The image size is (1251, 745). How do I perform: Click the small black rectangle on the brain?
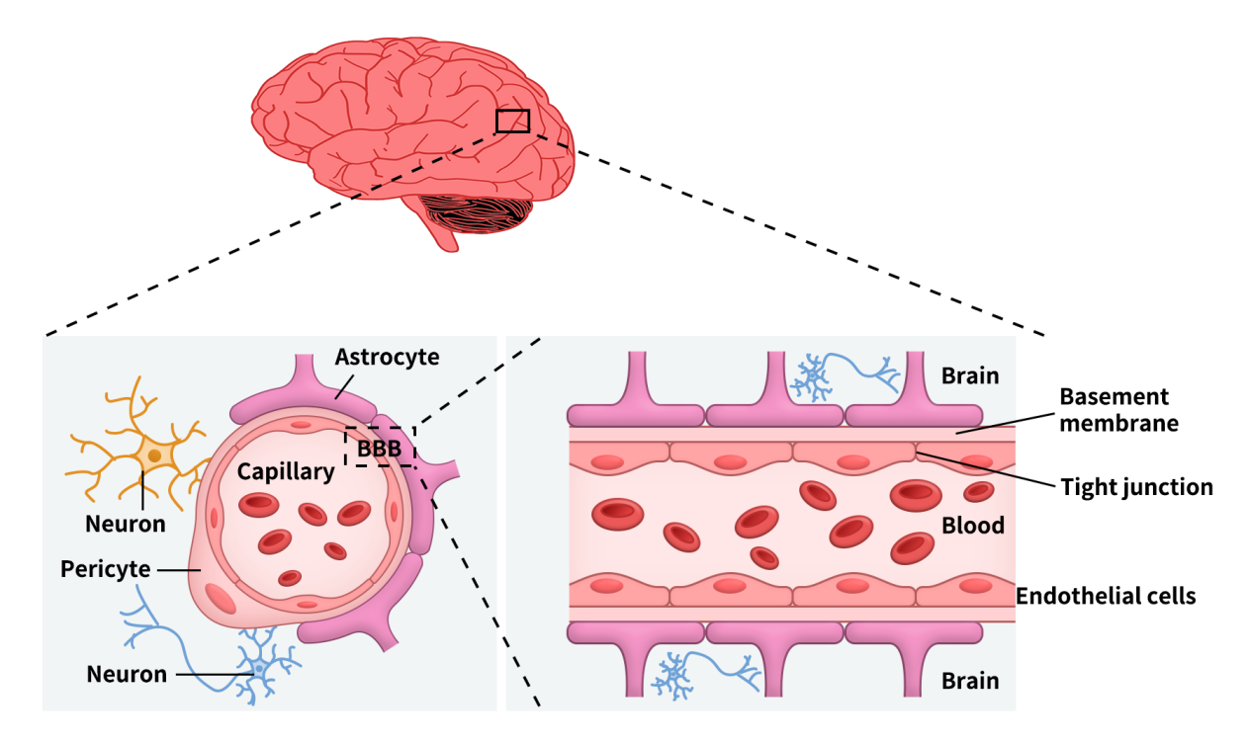tap(512, 121)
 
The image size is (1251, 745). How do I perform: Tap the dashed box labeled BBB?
tap(380, 447)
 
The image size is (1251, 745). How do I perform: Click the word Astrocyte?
tap(387, 357)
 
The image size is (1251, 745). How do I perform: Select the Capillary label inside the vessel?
tap(286, 472)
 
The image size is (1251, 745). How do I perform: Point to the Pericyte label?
tap(105, 570)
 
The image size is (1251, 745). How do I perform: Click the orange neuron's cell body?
tap(154, 455)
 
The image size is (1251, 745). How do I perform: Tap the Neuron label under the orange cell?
tap(126, 523)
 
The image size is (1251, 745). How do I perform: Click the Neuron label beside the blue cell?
tap(126, 675)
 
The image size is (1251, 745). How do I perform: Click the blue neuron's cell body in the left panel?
tap(259, 669)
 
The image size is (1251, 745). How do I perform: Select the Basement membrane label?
tap(1114, 410)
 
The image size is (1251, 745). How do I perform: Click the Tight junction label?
tap(1136, 486)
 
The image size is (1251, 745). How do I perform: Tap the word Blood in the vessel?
tap(973, 525)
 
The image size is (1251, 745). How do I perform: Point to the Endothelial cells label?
tap(1106, 596)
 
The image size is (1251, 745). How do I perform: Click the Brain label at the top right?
tap(970, 375)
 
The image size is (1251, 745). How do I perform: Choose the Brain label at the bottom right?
tap(970, 681)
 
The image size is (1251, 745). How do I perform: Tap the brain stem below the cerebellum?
tap(441, 235)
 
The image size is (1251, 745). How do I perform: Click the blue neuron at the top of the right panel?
tap(814, 375)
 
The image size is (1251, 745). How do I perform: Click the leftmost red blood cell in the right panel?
tap(618, 513)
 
